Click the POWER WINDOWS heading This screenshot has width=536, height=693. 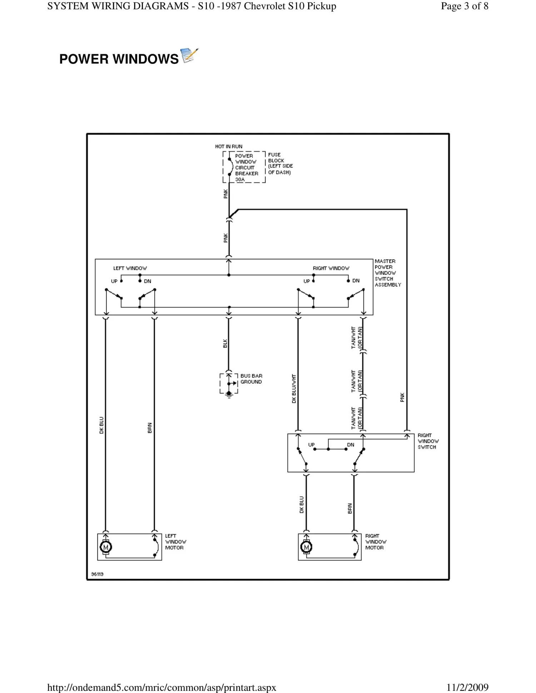click(x=119, y=59)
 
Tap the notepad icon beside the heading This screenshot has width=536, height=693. click(x=189, y=56)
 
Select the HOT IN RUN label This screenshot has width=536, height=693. click(x=228, y=146)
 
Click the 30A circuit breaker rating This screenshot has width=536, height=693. click(x=240, y=180)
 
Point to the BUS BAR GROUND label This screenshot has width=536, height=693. click(x=251, y=379)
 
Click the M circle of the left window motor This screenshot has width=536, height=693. click(x=106, y=547)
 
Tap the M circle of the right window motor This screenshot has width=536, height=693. click(x=306, y=547)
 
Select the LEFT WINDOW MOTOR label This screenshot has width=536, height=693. click(x=175, y=542)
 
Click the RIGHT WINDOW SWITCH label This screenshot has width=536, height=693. click(x=428, y=441)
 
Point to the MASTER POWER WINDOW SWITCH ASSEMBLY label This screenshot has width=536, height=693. click(x=387, y=273)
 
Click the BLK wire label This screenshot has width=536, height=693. click(x=225, y=344)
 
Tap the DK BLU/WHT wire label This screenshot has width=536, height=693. click(x=294, y=389)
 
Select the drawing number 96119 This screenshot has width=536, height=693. click(x=97, y=574)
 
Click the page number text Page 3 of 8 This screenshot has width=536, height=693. click(x=464, y=6)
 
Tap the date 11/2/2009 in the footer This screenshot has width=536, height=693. click(x=467, y=687)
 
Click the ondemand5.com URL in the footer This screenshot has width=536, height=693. click(x=162, y=687)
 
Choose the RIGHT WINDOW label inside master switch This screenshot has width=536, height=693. click(x=331, y=268)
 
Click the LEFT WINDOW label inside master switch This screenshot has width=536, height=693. click(x=130, y=268)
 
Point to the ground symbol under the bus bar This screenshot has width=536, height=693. click(x=229, y=395)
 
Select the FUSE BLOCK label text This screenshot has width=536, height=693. click(x=280, y=164)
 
